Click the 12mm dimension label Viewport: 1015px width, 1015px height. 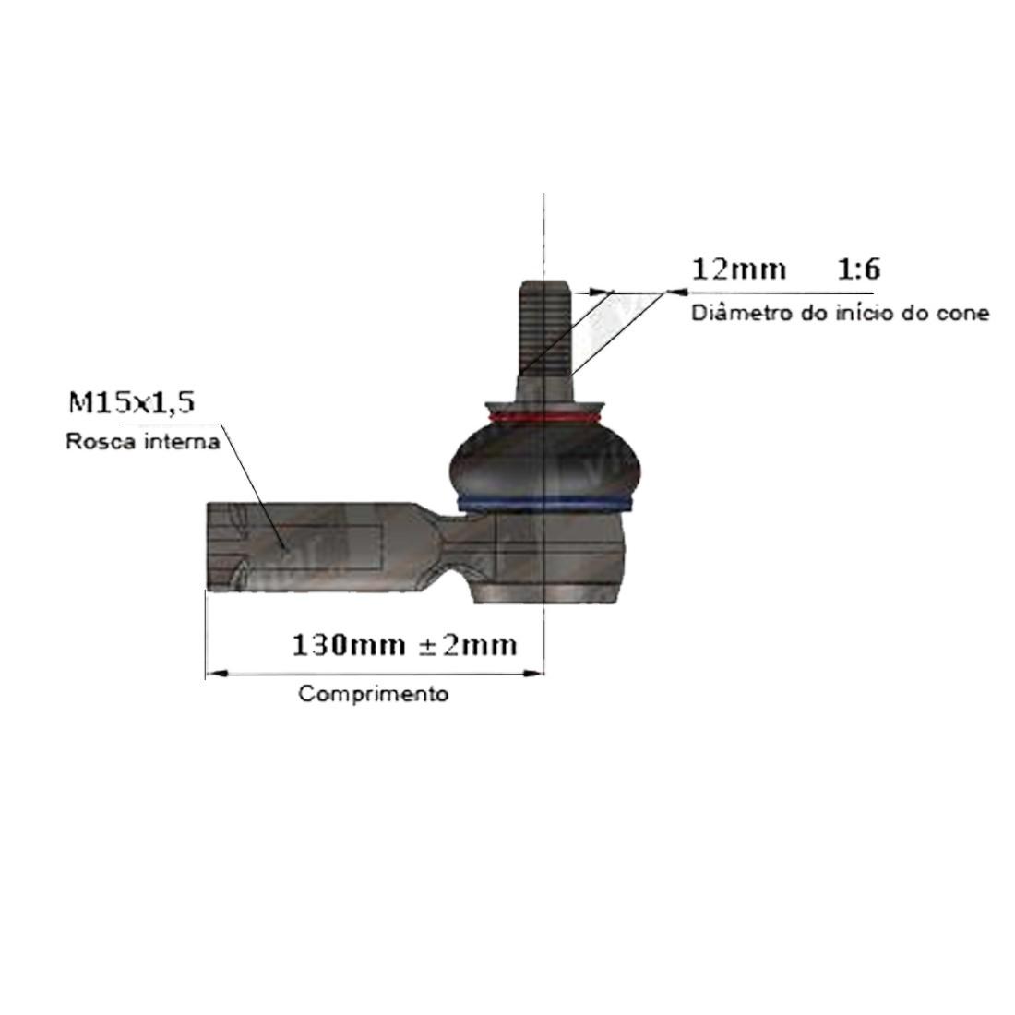[x=739, y=269]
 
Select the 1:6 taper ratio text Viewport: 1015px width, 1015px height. [x=859, y=269]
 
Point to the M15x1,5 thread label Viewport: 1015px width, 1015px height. [x=131, y=402]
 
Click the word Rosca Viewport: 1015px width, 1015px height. [x=101, y=441]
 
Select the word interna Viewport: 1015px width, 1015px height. [x=182, y=441]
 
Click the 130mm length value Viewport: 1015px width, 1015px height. [x=349, y=645]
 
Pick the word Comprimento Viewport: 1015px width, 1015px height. [x=374, y=694]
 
